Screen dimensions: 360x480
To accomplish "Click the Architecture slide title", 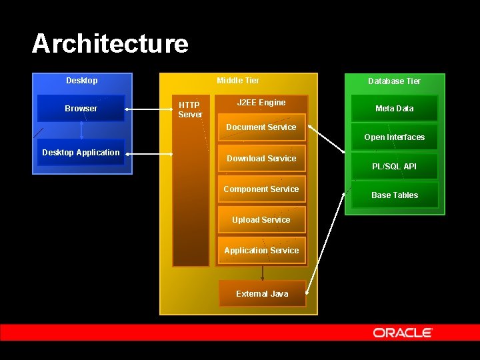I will click(x=110, y=44).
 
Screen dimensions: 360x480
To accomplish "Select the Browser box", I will click(x=81, y=108).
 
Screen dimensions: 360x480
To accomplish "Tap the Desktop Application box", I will click(x=81, y=153).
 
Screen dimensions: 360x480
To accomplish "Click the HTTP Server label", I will click(x=190, y=110).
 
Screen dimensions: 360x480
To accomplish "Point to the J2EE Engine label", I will click(x=261, y=103).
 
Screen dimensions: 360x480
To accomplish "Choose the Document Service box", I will click(x=261, y=127).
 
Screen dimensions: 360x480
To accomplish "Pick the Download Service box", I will click(x=261, y=159).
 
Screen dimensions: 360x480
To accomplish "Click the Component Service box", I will click(x=261, y=189).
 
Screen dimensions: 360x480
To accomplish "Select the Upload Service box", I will click(x=261, y=220).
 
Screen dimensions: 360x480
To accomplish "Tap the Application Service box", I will click(x=261, y=251).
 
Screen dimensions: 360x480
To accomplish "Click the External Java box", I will click(x=262, y=294).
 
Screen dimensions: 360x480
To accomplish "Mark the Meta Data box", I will click(x=394, y=109).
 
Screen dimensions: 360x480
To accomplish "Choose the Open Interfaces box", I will click(x=394, y=137).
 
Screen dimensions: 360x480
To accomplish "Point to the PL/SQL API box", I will click(x=394, y=167).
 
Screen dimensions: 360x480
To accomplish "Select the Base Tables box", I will click(x=395, y=195).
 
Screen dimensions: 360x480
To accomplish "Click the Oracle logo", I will click(x=403, y=332).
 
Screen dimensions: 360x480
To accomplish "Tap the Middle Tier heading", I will click(x=238, y=81).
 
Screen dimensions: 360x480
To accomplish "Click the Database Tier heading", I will click(x=395, y=81).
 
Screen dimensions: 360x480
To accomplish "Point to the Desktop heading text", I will click(x=81, y=81).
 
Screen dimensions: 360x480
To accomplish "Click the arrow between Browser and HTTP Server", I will click(x=149, y=109).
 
